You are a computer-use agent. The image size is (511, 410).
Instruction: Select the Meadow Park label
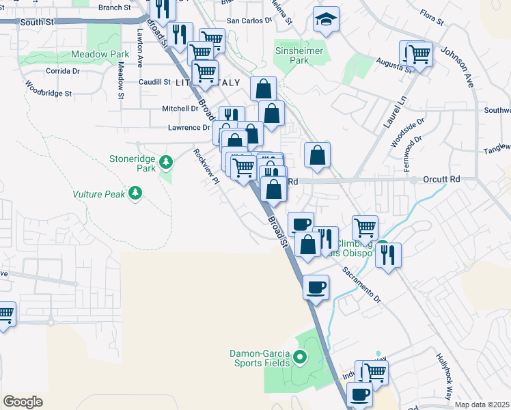point(100,54)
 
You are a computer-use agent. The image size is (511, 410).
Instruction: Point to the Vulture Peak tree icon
point(135,193)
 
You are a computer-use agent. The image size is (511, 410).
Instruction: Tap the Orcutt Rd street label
point(441,180)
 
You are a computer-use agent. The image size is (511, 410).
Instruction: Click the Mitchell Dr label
point(180,109)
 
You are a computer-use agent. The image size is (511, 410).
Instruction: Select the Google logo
point(23,402)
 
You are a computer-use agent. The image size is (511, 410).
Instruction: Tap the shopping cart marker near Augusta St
point(419,54)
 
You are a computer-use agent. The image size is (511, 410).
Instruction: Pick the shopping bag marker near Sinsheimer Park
point(263,89)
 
